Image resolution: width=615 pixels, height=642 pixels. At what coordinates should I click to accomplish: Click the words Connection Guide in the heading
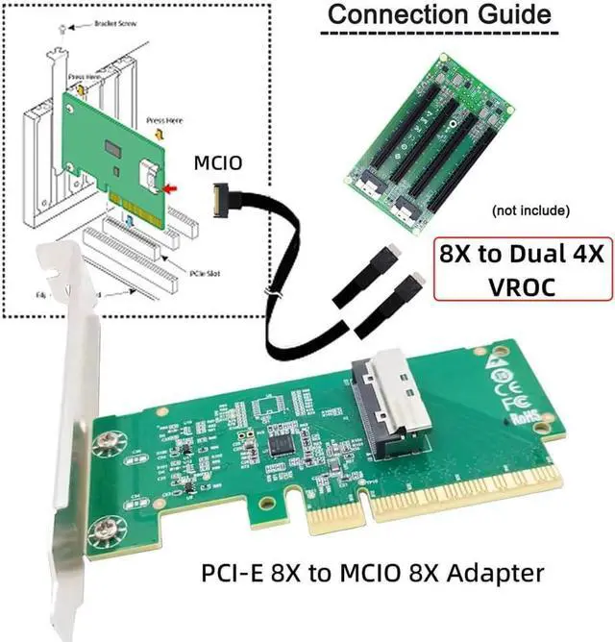coord(438,16)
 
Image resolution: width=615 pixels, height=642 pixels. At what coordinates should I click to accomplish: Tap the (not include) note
coord(530,210)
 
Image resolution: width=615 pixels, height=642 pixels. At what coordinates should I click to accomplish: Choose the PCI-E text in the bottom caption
coord(232,573)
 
